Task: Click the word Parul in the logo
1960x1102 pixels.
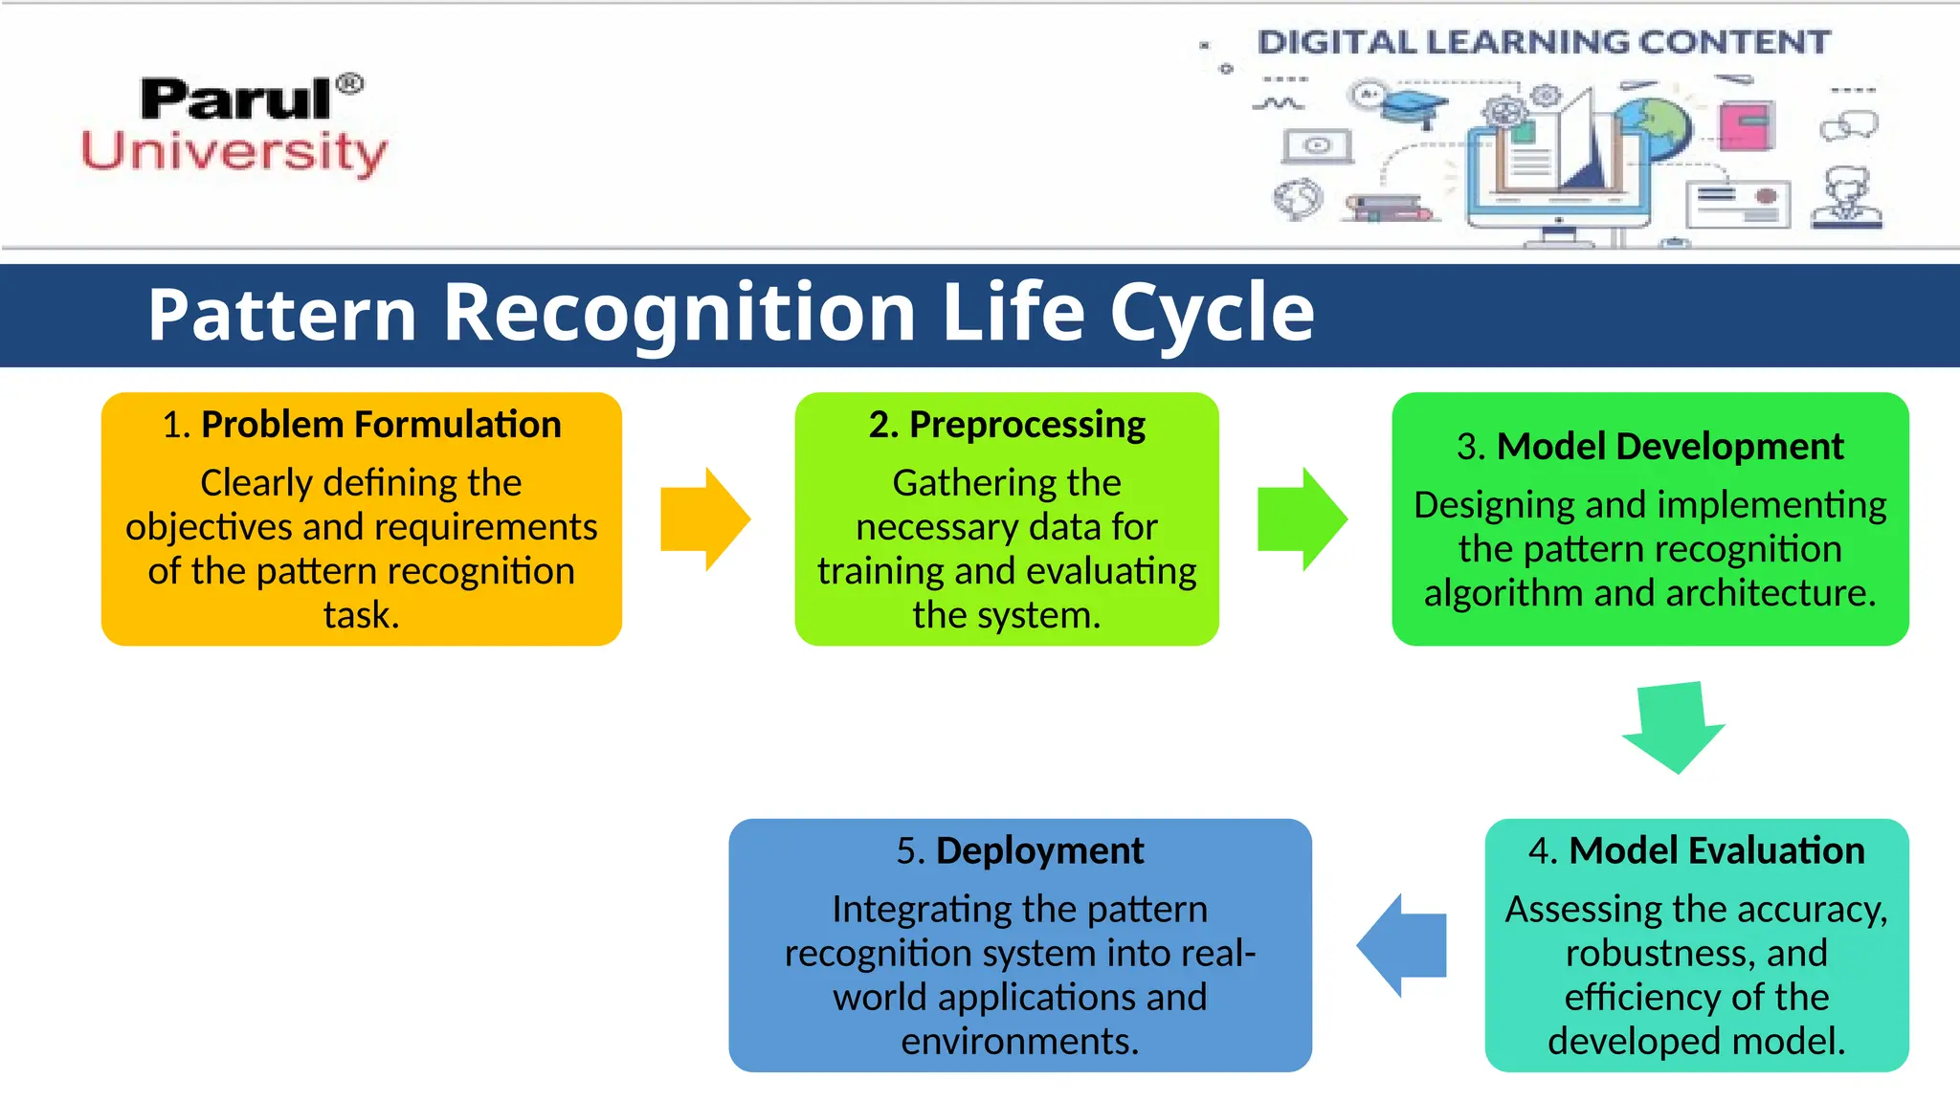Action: coord(235,99)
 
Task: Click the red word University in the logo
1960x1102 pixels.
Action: coord(234,153)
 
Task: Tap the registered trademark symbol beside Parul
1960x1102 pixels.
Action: coord(350,84)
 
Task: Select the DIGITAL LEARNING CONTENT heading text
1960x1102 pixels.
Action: coord(1543,42)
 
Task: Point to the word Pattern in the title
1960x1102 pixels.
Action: coord(282,314)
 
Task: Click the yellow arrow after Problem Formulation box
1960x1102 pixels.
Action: coord(705,519)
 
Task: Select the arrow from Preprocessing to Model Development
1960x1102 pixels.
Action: coord(1302,519)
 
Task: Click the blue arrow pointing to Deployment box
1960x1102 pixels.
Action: coord(1401,945)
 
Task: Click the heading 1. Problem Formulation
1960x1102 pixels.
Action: coord(362,425)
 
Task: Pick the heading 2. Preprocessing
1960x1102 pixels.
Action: coord(1007,425)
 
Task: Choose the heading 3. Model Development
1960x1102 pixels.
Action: coord(1650,447)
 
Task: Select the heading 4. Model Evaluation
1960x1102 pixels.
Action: coord(1696,850)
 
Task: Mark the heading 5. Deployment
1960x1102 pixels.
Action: coord(1020,850)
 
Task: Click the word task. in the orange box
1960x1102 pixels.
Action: coord(362,615)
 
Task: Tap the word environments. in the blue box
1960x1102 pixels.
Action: coord(1020,1041)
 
